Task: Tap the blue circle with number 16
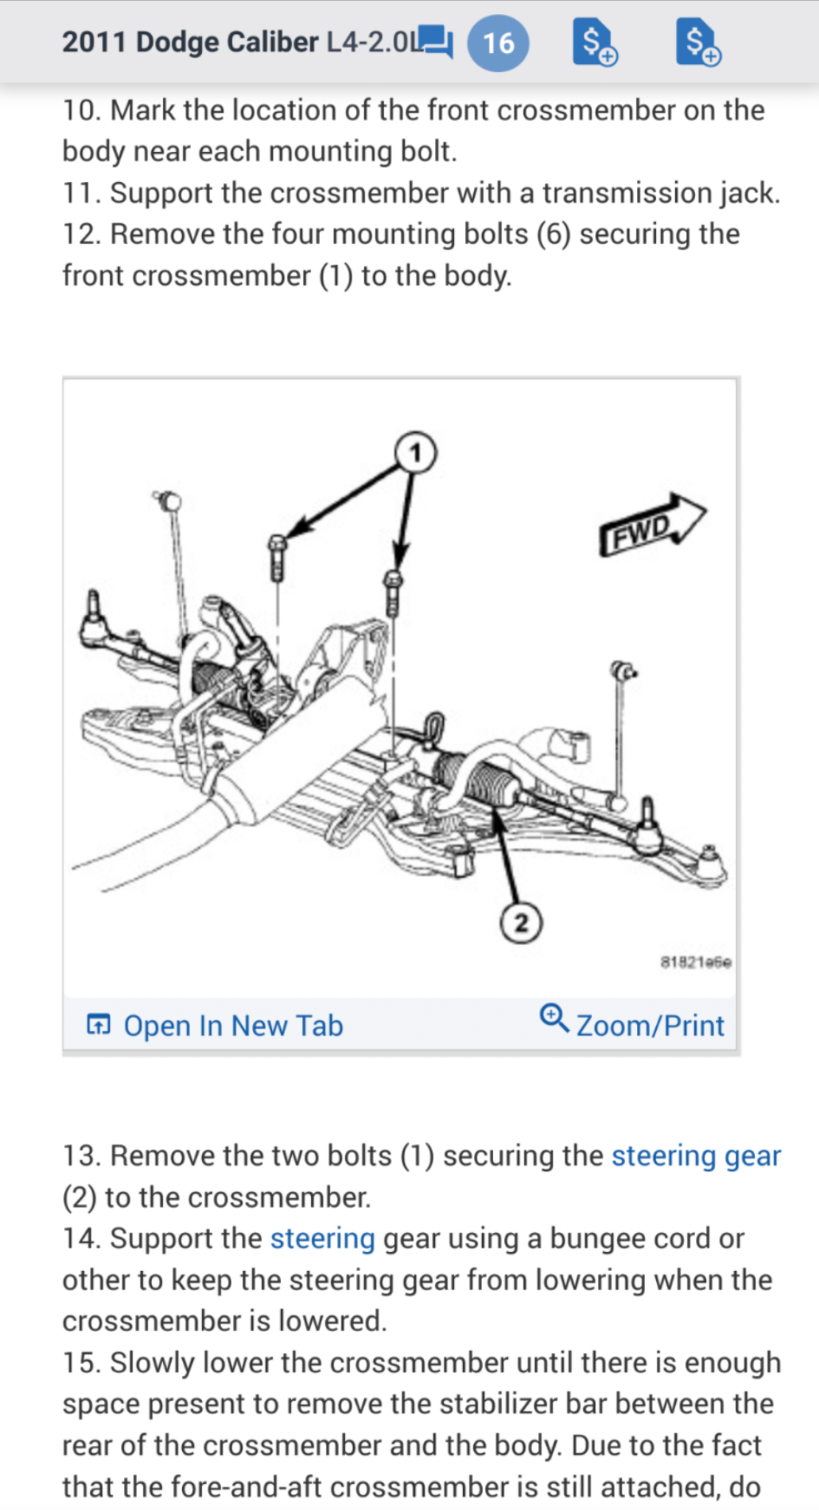[x=498, y=43]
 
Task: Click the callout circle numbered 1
[x=416, y=452]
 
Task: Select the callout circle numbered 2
[x=521, y=922]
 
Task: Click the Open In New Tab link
[x=232, y=1026]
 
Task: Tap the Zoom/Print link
[x=649, y=1026]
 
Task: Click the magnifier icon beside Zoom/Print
[x=554, y=1018]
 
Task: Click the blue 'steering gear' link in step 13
[x=696, y=1155]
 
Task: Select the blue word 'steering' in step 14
[x=322, y=1238]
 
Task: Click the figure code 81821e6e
[x=696, y=962]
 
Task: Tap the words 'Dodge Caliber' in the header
[x=227, y=42]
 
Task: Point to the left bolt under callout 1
[x=277, y=557]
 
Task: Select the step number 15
[x=81, y=1363]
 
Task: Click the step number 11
[x=81, y=193]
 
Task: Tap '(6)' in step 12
[x=554, y=234]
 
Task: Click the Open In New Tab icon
[x=99, y=1024]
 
